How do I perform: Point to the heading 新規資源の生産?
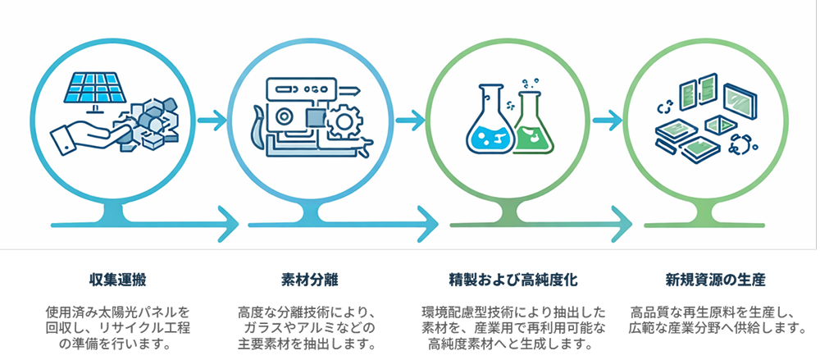coord(715,280)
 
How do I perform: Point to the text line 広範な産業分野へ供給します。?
coord(715,328)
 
